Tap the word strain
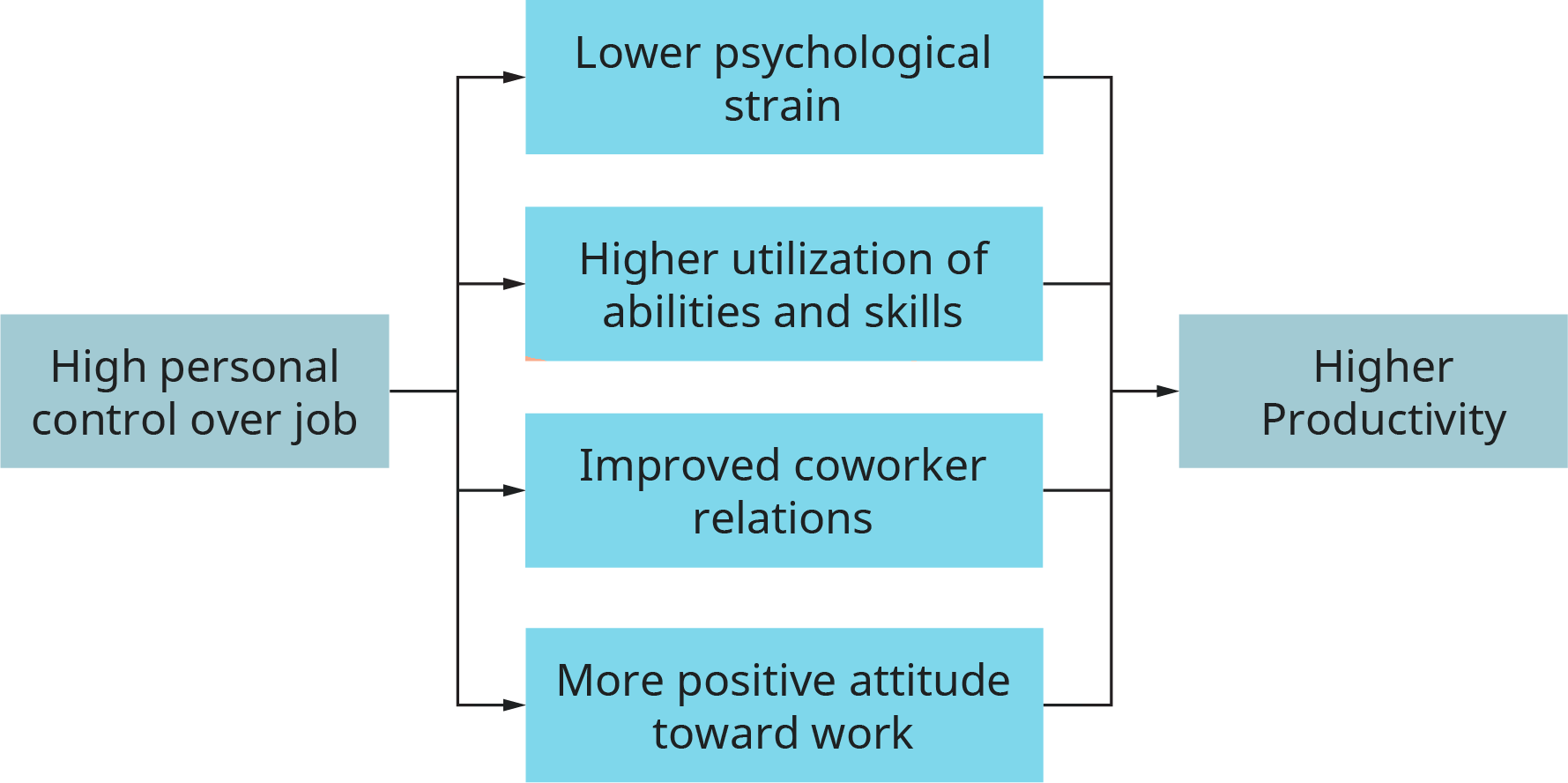tap(783, 106)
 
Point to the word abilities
tap(675, 311)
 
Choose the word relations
tap(783, 518)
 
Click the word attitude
tap(929, 681)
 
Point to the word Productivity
tap(1384, 420)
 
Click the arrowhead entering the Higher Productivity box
tap(1168, 391)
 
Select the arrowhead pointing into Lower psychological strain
tap(514, 78)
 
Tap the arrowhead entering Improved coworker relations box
tap(514, 490)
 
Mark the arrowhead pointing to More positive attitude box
tap(514, 705)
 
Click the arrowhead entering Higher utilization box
tap(514, 284)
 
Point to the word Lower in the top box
tap(637, 53)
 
